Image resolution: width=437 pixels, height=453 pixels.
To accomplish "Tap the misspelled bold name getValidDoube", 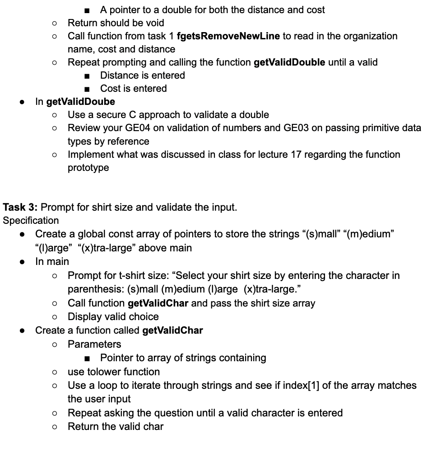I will [x=81, y=101].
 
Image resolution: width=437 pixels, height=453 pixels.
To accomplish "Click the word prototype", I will [x=88, y=168].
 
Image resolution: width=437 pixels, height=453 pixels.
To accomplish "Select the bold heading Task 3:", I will [x=21, y=208].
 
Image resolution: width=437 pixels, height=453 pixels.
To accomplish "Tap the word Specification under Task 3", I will [x=31, y=221].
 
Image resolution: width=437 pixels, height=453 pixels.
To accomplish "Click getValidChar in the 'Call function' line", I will [x=158, y=303].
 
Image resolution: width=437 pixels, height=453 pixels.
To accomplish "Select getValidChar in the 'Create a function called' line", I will [x=172, y=330].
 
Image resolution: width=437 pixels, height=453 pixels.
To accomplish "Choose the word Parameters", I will [x=94, y=344].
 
